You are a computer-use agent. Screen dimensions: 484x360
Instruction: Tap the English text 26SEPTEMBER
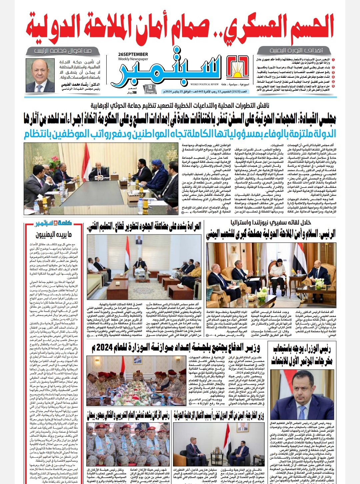pyautogui.click(x=133, y=54)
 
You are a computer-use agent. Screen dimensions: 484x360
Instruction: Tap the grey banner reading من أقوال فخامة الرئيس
pyautogui.click(x=63, y=51)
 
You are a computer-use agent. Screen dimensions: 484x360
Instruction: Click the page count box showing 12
pyautogui.click(x=150, y=89)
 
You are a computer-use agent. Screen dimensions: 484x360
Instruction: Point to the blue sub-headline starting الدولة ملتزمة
pyautogui.click(x=180, y=134)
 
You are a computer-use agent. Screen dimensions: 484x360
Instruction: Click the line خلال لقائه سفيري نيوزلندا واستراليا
pyautogui.click(x=271, y=222)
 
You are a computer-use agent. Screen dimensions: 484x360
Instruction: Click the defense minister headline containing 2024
pyautogui.click(x=176, y=348)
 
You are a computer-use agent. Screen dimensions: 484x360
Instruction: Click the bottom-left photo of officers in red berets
pyautogui.click(x=128, y=444)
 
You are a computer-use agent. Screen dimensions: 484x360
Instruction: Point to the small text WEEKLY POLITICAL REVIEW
pyautogui.click(x=205, y=84)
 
